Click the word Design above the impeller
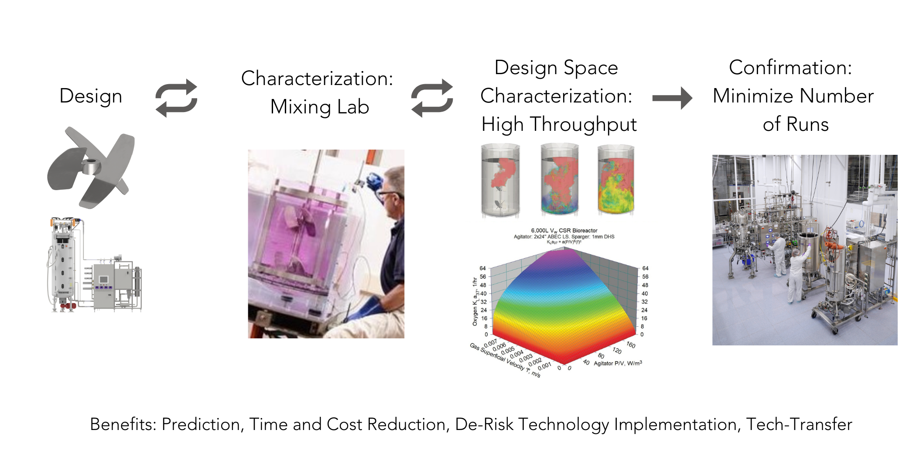(x=91, y=96)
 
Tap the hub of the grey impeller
(x=92, y=166)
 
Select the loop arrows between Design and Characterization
(x=177, y=98)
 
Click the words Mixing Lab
(x=320, y=107)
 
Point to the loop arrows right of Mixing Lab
(x=432, y=98)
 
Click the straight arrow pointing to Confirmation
(x=672, y=98)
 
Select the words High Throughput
(x=559, y=124)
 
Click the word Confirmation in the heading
(x=790, y=68)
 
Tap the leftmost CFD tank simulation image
(x=500, y=180)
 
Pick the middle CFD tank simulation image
(x=560, y=180)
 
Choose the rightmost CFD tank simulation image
(x=615, y=180)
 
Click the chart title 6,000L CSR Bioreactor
(x=564, y=230)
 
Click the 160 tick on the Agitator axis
(x=631, y=345)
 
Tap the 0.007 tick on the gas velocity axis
(x=490, y=344)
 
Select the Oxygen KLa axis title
(x=475, y=301)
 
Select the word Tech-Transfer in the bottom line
(x=799, y=424)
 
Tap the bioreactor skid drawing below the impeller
(x=94, y=265)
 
